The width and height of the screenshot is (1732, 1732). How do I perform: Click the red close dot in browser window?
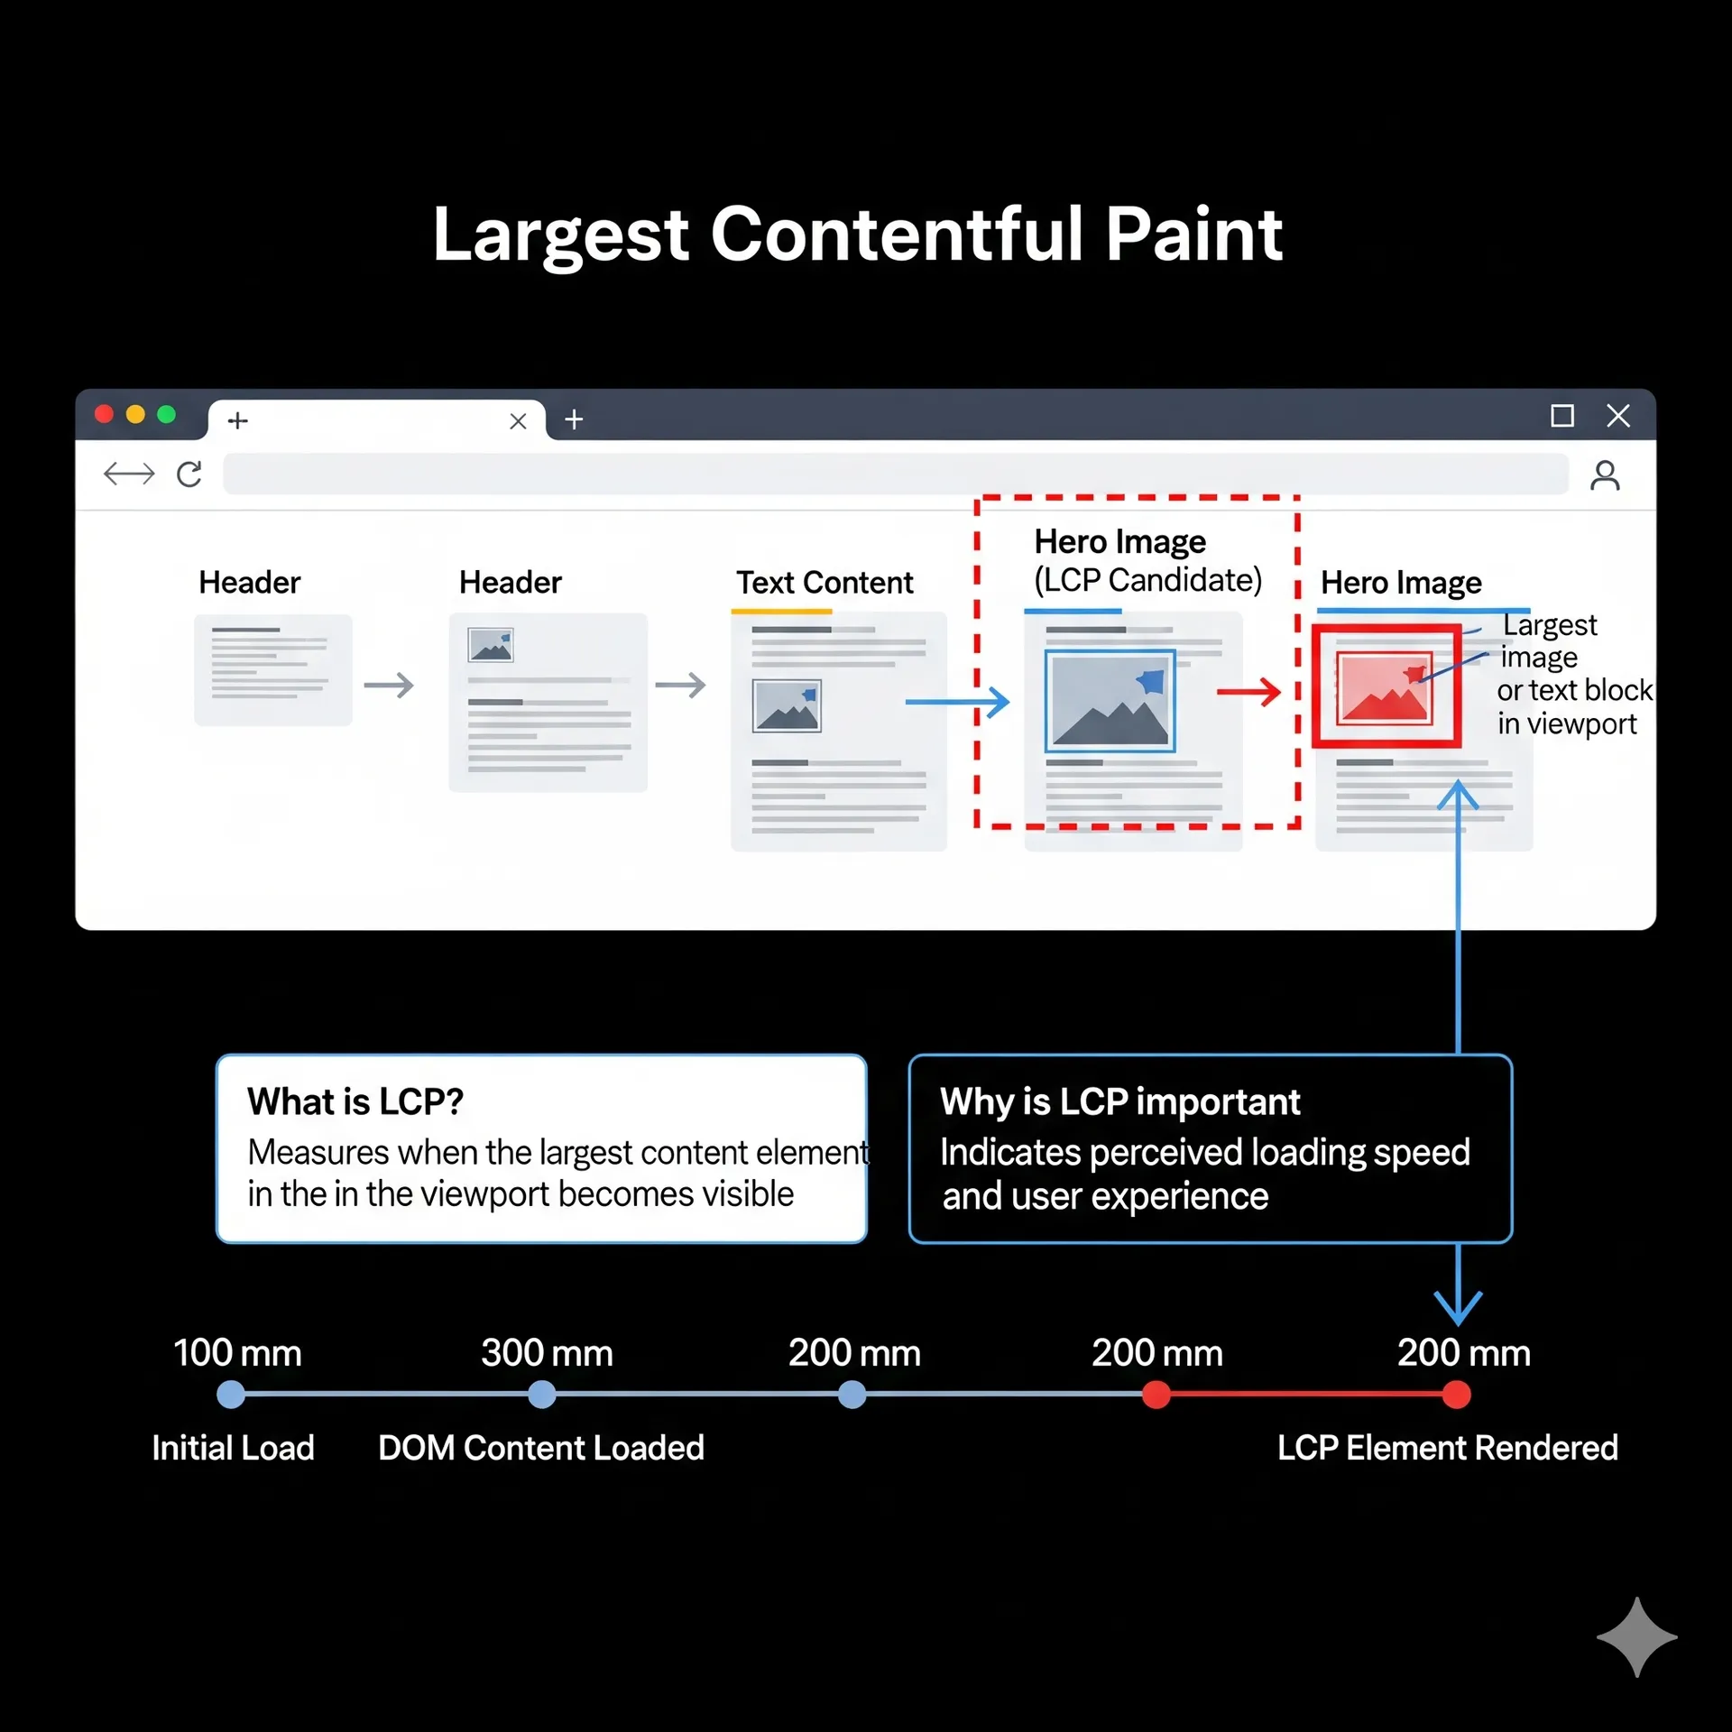pyautogui.click(x=104, y=414)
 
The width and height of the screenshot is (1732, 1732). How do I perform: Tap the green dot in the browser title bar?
pyautogui.click(x=166, y=414)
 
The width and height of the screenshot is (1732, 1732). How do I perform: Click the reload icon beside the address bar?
pyautogui.click(x=189, y=474)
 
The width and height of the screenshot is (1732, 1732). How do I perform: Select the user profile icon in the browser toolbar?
pyautogui.click(x=1605, y=474)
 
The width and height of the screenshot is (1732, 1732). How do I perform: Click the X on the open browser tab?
pyautogui.click(x=518, y=421)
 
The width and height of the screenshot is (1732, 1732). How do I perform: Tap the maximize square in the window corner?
pyautogui.click(x=1562, y=416)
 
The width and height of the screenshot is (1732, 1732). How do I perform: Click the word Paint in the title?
pyautogui.click(x=1193, y=235)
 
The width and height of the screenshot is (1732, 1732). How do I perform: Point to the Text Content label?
pyautogui.click(x=825, y=583)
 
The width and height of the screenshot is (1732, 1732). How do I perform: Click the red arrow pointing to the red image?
pyautogui.click(x=1248, y=692)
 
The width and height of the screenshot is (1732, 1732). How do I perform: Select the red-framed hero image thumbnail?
pyautogui.click(x=1386, y=686)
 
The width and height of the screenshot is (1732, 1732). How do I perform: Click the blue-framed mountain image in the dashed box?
pyautogui.click(x=1110, y=701)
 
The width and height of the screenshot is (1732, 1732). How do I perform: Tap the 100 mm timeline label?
pyautogui.click(x=237, y=1353)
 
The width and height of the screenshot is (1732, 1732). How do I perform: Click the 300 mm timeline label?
pyautogui.click(x=547, y=1353)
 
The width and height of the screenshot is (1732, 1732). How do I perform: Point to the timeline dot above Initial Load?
pyautogui.click(x=231, y=1395)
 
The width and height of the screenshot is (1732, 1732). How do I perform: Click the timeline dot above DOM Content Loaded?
pyautogui.click(x=541, y=1395)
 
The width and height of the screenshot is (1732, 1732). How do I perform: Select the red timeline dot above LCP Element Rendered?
pyautogui.click(x=1456, y=1395)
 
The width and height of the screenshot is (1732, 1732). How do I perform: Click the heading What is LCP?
pyautogui.click(x=355, y=1101)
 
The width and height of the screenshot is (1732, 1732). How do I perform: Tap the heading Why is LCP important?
pyautogui.click(x=1119, y=1101)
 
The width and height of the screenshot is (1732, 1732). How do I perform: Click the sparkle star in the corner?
pyautogui.click(x=1636, y=1636)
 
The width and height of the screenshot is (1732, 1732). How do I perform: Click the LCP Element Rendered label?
pyautogui.click(x=1447, y=1448)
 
